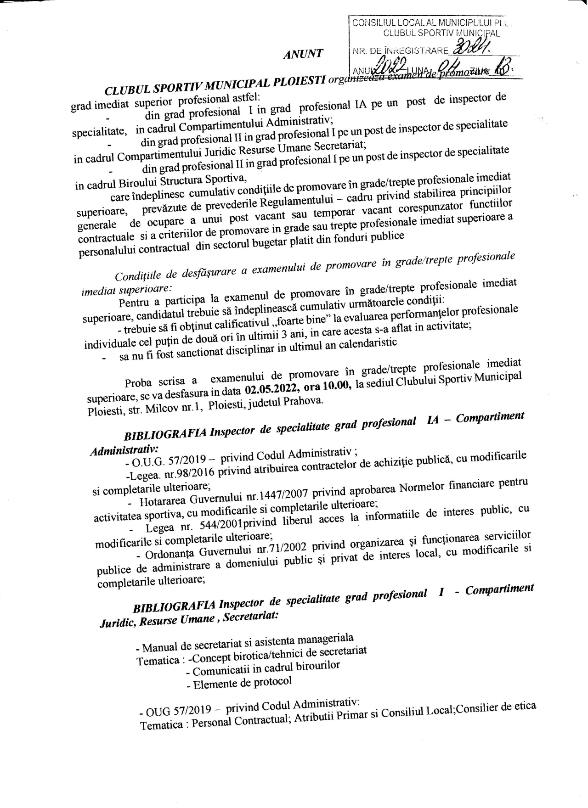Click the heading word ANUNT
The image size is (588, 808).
click(303, 53)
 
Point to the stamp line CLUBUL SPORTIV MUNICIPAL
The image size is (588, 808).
click(441, 33)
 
